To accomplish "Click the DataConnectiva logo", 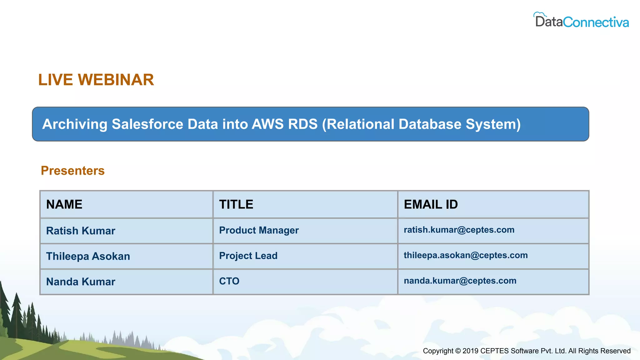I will [582, 21].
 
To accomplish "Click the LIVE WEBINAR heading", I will [96, 80].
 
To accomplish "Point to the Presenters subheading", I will [72, 171].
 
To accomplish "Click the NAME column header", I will [64, 204].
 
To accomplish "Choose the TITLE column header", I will [236, 204].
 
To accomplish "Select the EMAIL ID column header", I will [431, 204].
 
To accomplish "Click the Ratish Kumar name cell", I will [81, 231].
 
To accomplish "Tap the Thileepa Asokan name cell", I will [88, 256].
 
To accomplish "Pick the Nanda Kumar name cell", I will [81, 282].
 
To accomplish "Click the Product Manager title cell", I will [259, 230].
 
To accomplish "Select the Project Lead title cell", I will [248, 256].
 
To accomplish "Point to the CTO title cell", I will [229, 281].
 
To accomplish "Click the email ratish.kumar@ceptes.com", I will [459, 230].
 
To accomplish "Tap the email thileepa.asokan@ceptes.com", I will [466, 255].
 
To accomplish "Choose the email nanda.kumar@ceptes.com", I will [460, 281].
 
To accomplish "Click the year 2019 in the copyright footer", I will [470, 351].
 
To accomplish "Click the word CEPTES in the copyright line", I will [494, 351].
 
